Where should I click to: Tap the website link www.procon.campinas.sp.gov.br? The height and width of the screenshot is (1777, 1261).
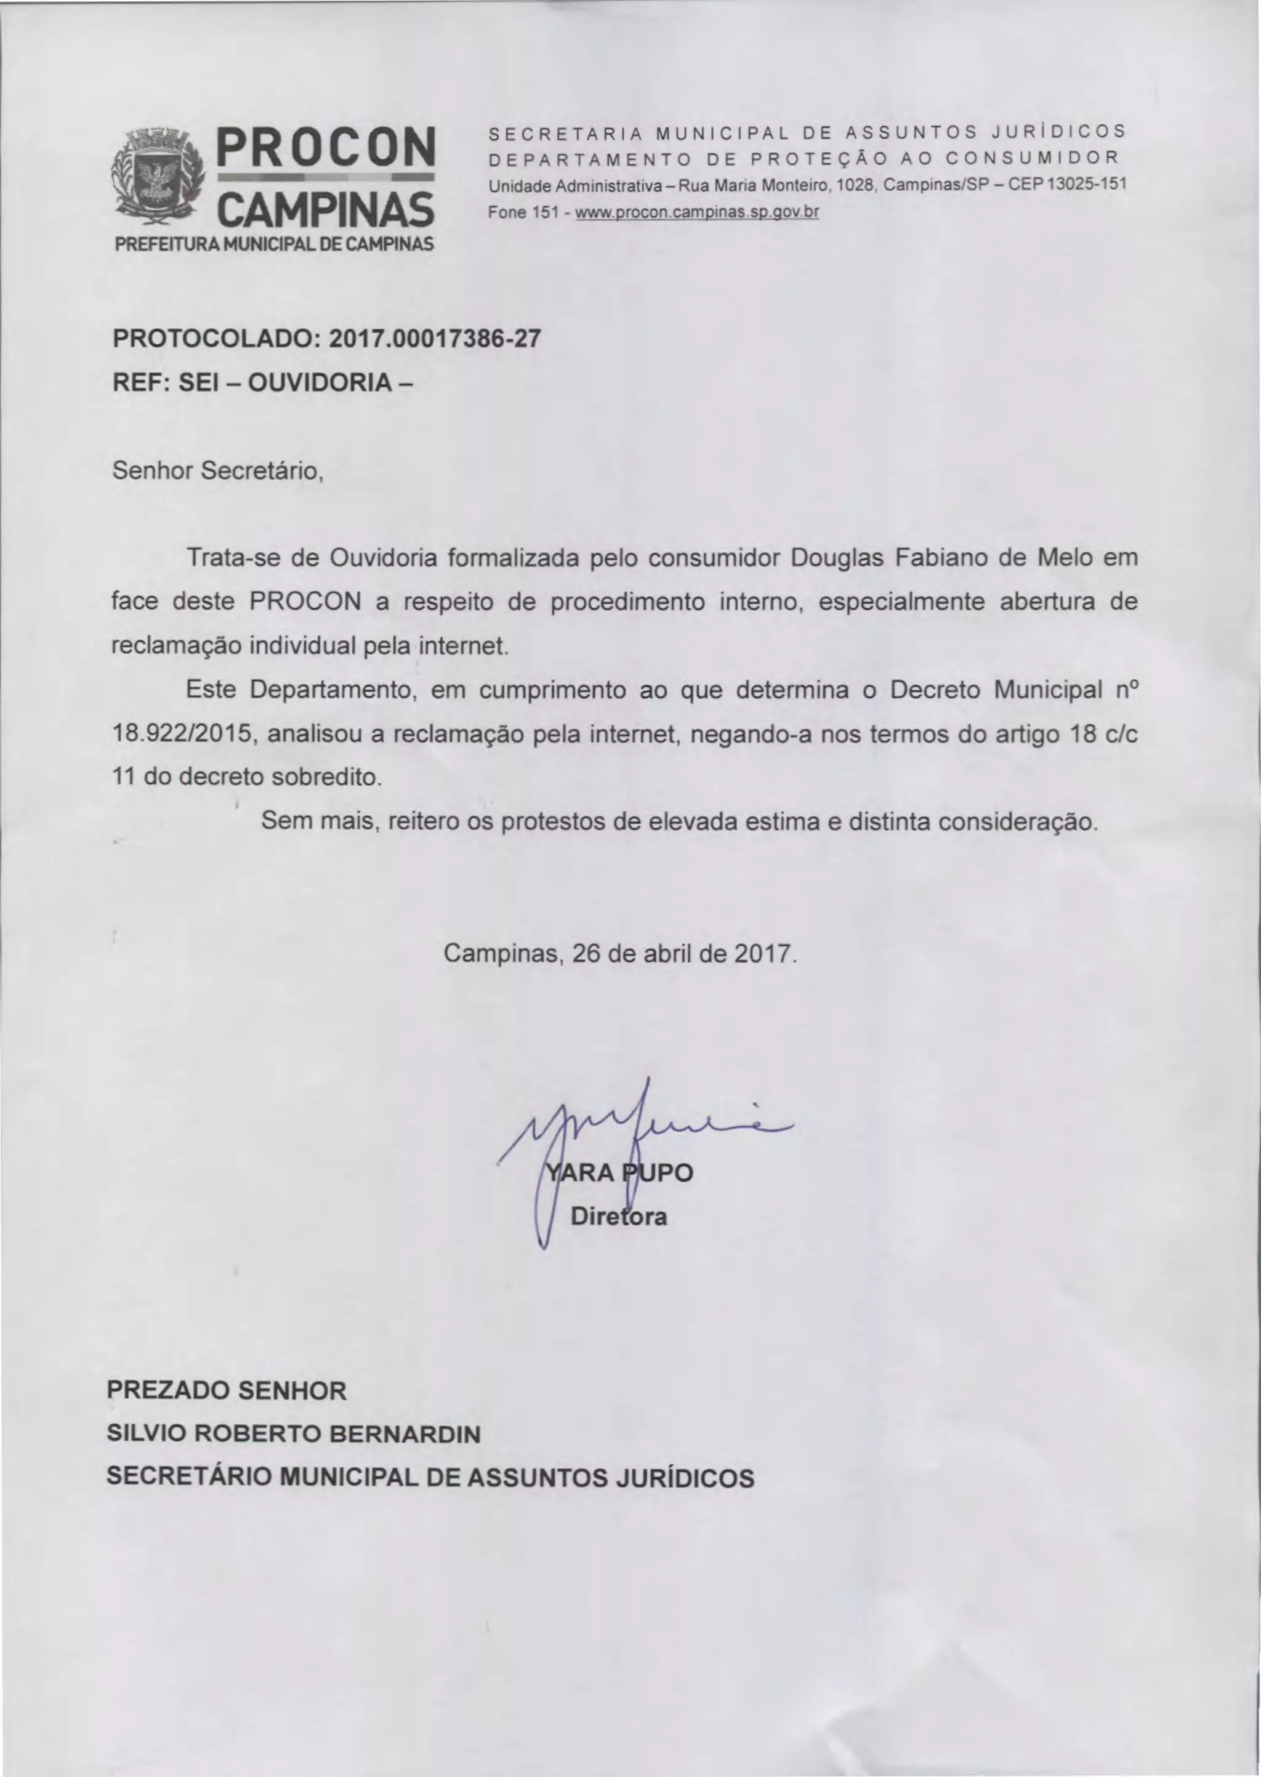click(696, 212)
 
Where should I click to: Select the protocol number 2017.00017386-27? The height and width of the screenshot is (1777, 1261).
click(435, 339)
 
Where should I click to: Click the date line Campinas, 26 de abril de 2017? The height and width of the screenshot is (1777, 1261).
click(619, 953)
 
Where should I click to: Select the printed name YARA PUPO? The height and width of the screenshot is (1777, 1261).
click(619, 1172)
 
